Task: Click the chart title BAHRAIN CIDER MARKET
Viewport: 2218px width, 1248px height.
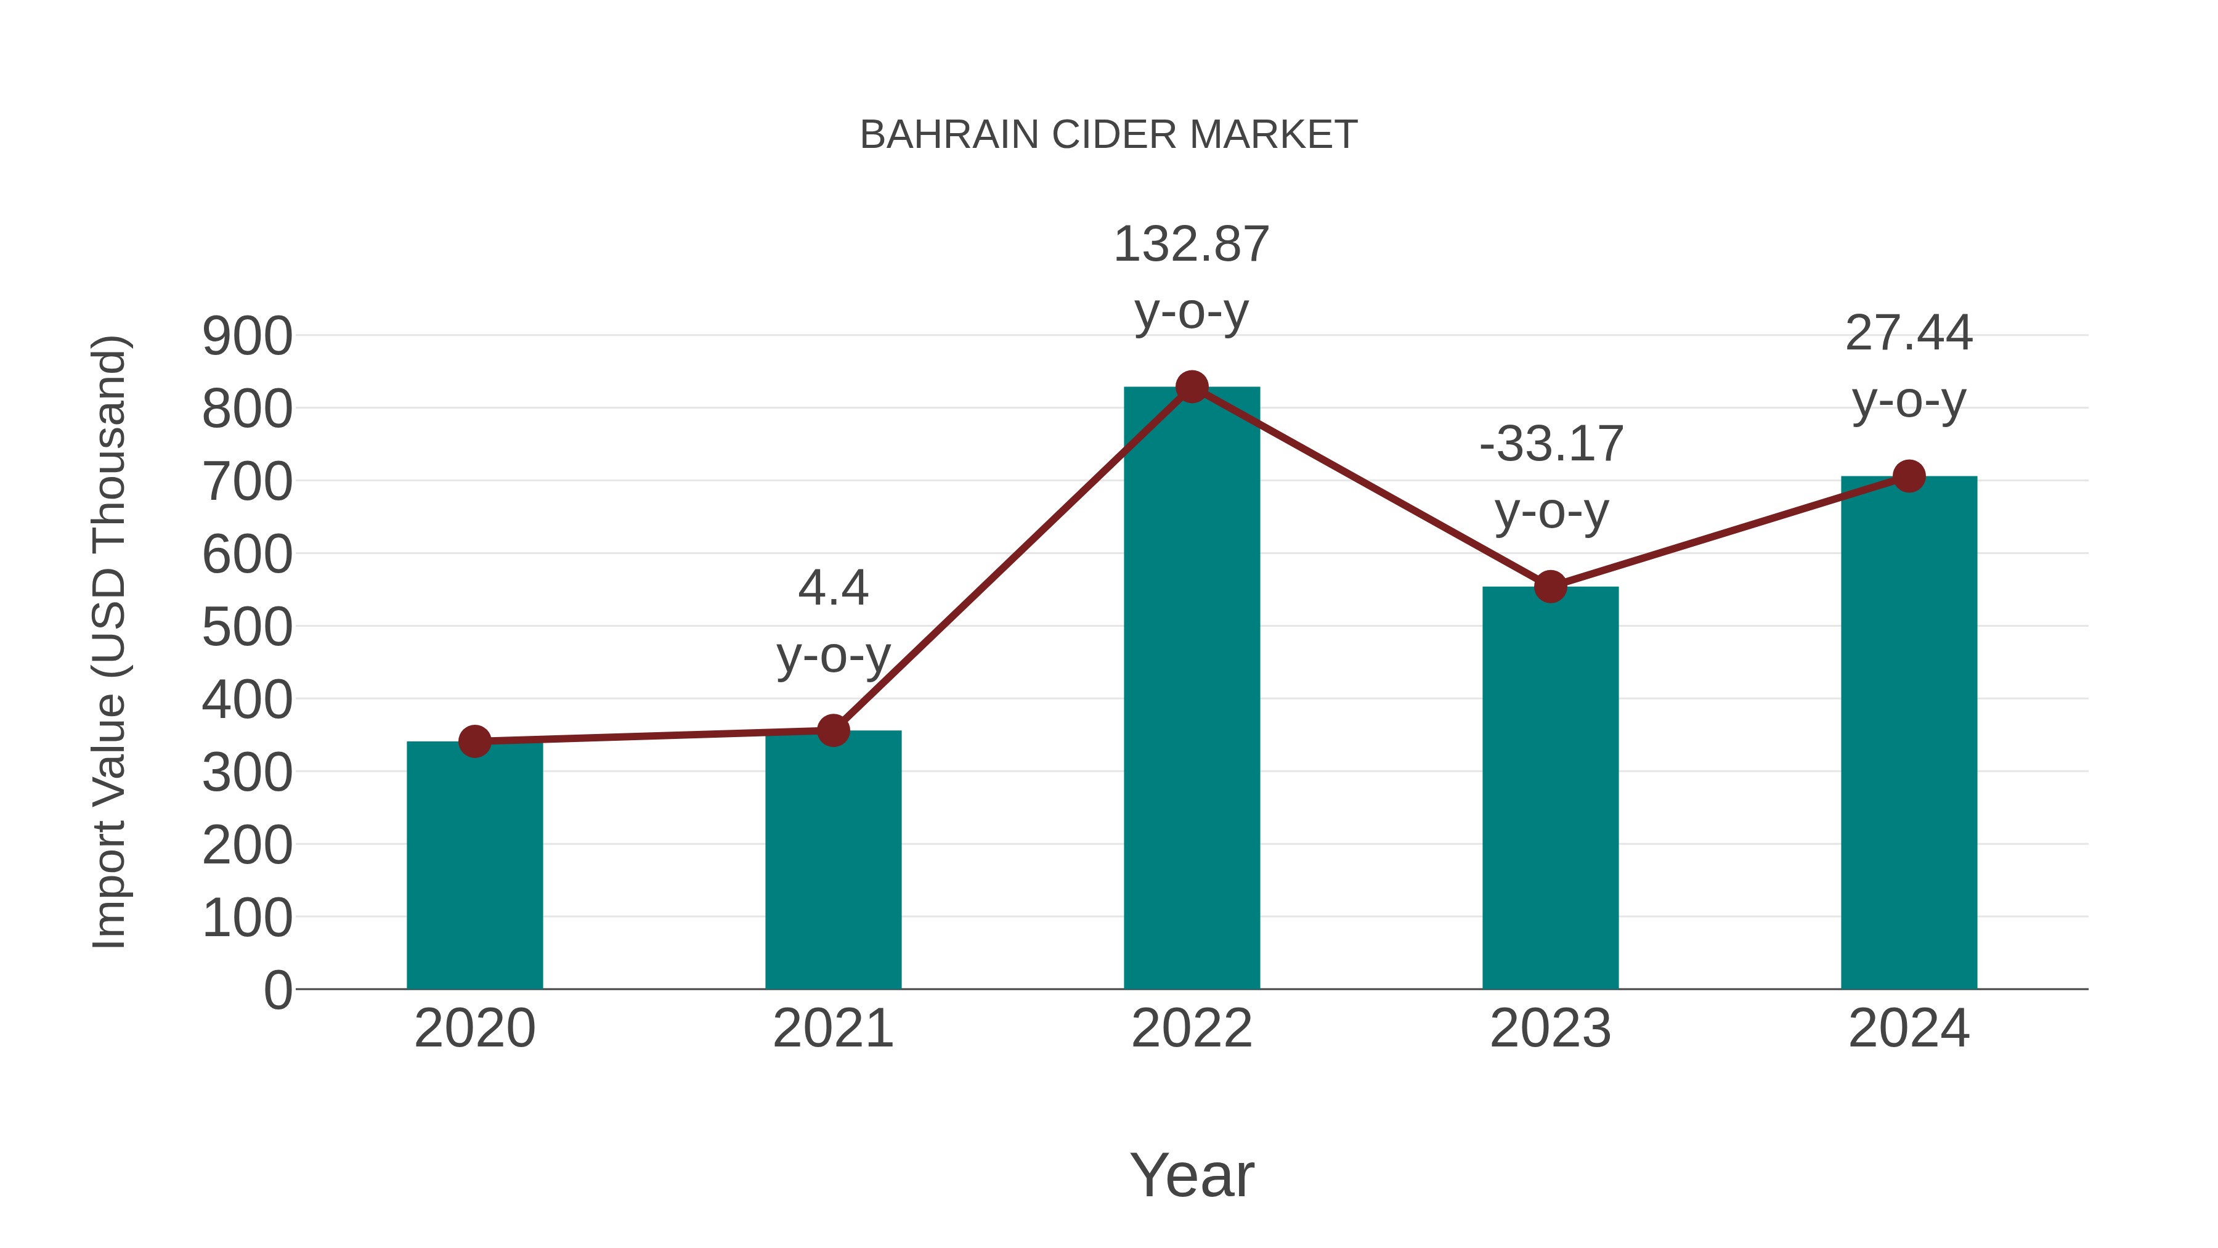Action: [x=1108, y=135]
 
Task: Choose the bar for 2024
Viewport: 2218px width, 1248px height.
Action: [x=1909, y=732]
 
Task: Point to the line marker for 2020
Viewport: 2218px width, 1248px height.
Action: [x=474, y=741]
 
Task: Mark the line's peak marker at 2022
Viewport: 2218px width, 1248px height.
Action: [x=1192, y=386]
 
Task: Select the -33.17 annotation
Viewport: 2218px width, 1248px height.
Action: [x=1551, y=444]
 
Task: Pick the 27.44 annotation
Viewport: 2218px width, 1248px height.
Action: [x=1908, y=333]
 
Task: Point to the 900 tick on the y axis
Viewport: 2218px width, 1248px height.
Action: [x=247, y=336]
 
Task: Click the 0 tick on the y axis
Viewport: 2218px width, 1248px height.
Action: [x=277, y=990]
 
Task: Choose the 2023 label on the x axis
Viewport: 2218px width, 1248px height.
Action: [x=1550, y=1029]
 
